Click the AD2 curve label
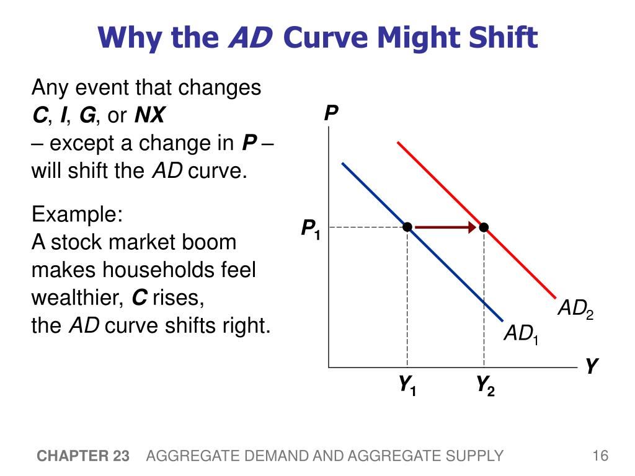click(575, 309)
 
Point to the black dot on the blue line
click(407, 227)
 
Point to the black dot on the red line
click(484, 227)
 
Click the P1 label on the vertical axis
click(310, 229)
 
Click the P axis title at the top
click(331, 114)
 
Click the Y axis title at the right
click(592, 367)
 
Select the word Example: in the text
click(78, 215)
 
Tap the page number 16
click(600, 457)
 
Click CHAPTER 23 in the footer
click(83, 457)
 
